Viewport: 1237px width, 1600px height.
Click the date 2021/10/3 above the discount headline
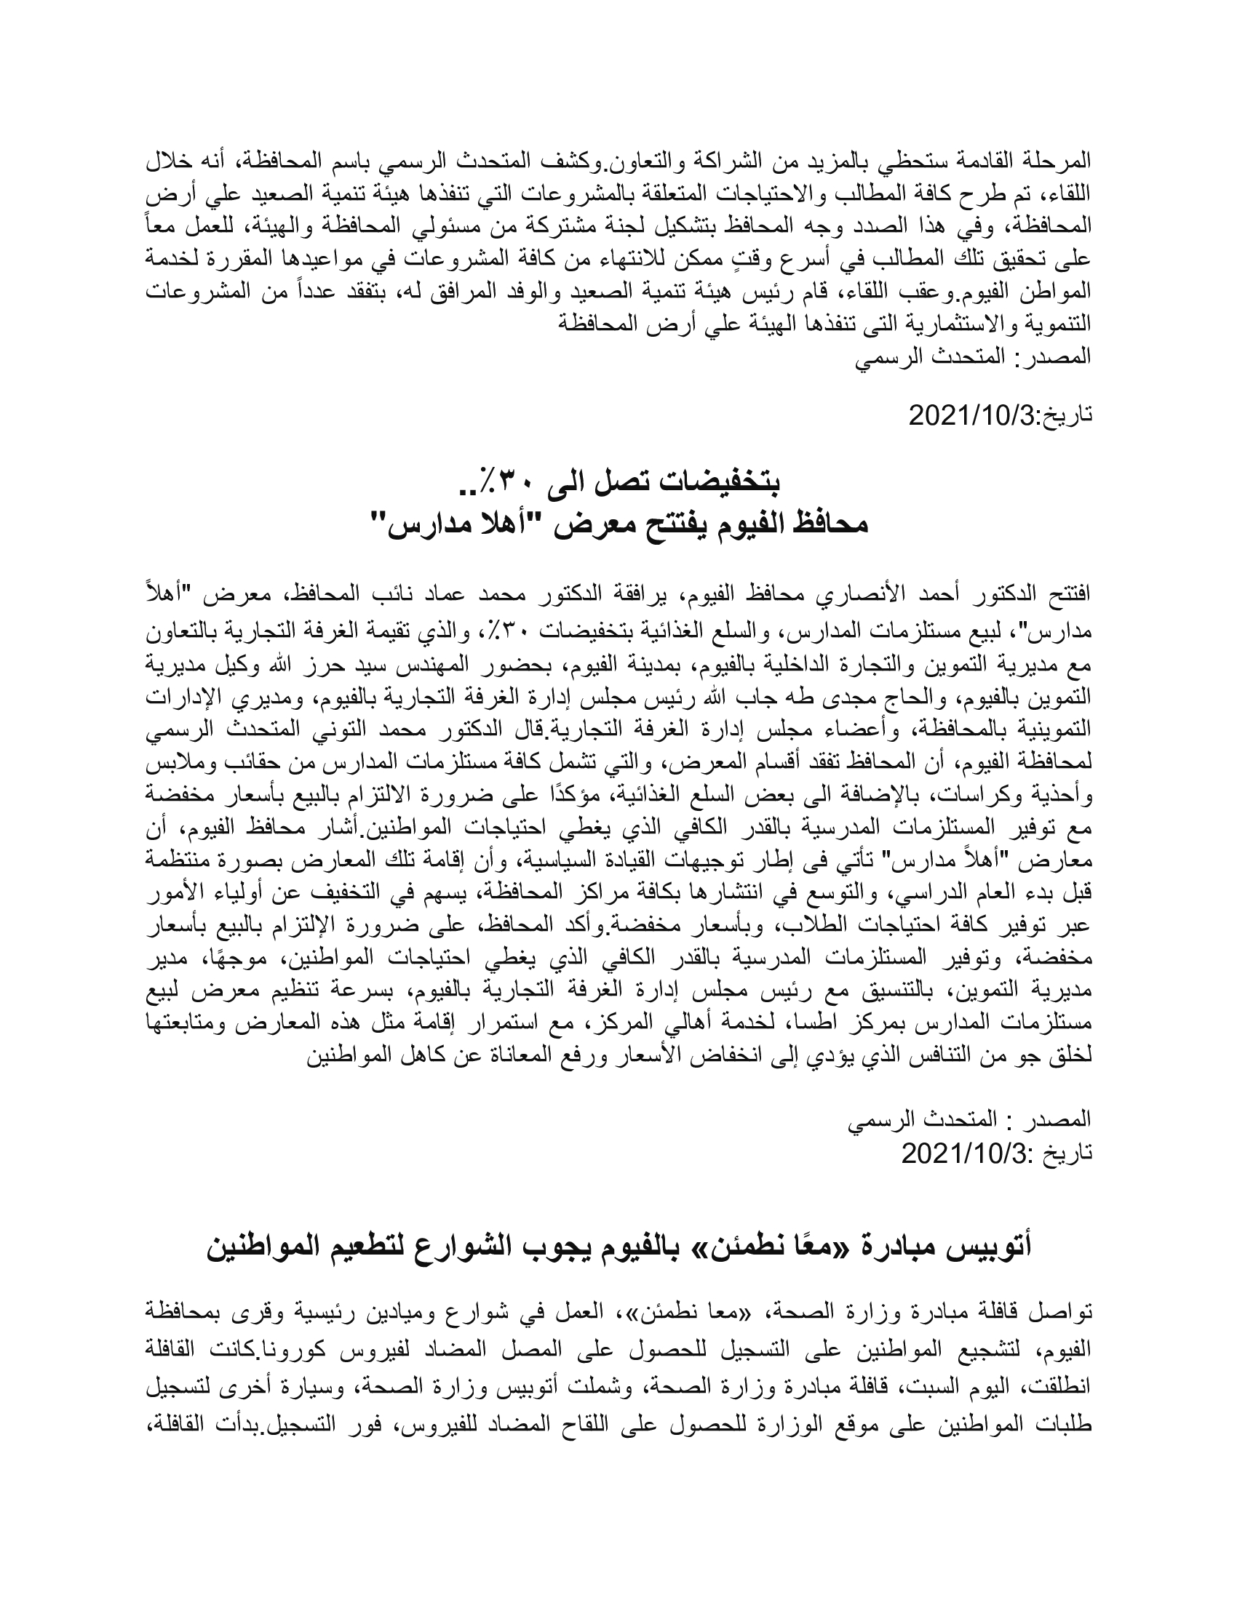(x=971, y=415)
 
